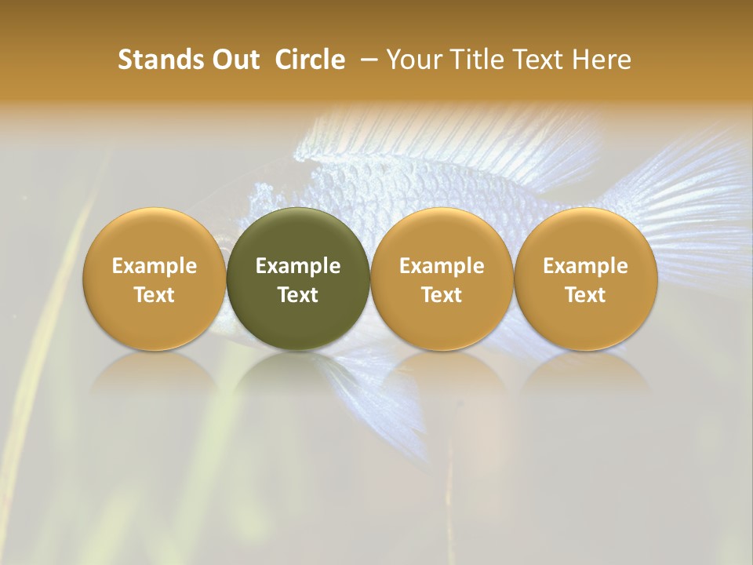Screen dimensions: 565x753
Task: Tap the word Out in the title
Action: pyautogui.click(x=233, y=60)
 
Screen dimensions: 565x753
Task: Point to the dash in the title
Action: pyautogui.click(x=367, y=60)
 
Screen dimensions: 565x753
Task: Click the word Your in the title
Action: pyautogui.click(x=413, y=60)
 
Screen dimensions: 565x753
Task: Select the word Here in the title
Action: pyautogui.click(x=602, y=60)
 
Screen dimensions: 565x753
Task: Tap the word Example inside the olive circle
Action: pyautogui.click(x=298, y=266)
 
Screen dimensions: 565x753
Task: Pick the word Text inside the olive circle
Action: pyautogui.click(x=298, y=295)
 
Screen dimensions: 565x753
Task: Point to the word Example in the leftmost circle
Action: pyautogui.click(x=154, y=266)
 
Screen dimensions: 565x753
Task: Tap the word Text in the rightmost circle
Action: pyautogui.click(x=586, y=295)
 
